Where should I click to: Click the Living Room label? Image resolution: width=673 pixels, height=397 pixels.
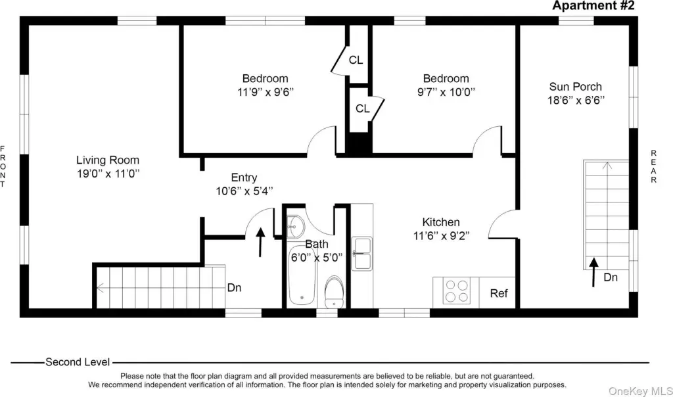click(108, 160)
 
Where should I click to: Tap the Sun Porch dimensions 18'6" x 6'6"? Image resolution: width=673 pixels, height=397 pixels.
click(576, 101)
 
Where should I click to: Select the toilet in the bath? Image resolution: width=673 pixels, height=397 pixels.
click(335, 292)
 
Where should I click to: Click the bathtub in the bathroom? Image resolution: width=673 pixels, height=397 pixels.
click(302, 275)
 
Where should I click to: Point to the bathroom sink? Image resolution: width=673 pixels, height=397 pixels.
click(296, 226)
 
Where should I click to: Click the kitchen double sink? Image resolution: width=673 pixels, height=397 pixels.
click(362, 254)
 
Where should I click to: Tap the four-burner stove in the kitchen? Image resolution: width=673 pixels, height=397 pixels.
click(456, 291)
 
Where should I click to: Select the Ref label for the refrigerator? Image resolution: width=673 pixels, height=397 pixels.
click(499, 293)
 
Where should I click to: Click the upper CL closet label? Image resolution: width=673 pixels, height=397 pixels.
click(356, 60)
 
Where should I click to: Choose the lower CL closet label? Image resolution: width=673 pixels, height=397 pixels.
click(363, 109)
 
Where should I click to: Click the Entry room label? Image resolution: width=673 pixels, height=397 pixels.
click(244, 177)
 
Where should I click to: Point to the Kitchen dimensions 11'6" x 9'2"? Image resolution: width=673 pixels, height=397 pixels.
click(442, 236)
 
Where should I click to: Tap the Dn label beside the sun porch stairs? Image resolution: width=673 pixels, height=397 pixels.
click(611, 277)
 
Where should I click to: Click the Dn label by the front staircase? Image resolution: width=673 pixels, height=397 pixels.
click(234, 287)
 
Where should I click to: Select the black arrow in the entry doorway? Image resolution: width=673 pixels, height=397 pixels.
click(260, 242)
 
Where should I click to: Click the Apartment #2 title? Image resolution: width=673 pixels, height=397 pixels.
click(593, 5)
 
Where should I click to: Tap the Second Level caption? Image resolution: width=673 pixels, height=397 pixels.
click(78, 362)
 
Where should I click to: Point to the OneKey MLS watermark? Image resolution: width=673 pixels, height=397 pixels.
click(641, 391)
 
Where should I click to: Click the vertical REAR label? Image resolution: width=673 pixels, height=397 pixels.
click(654, 166)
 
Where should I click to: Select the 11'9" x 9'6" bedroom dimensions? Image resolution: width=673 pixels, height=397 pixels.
click(266, 92)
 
